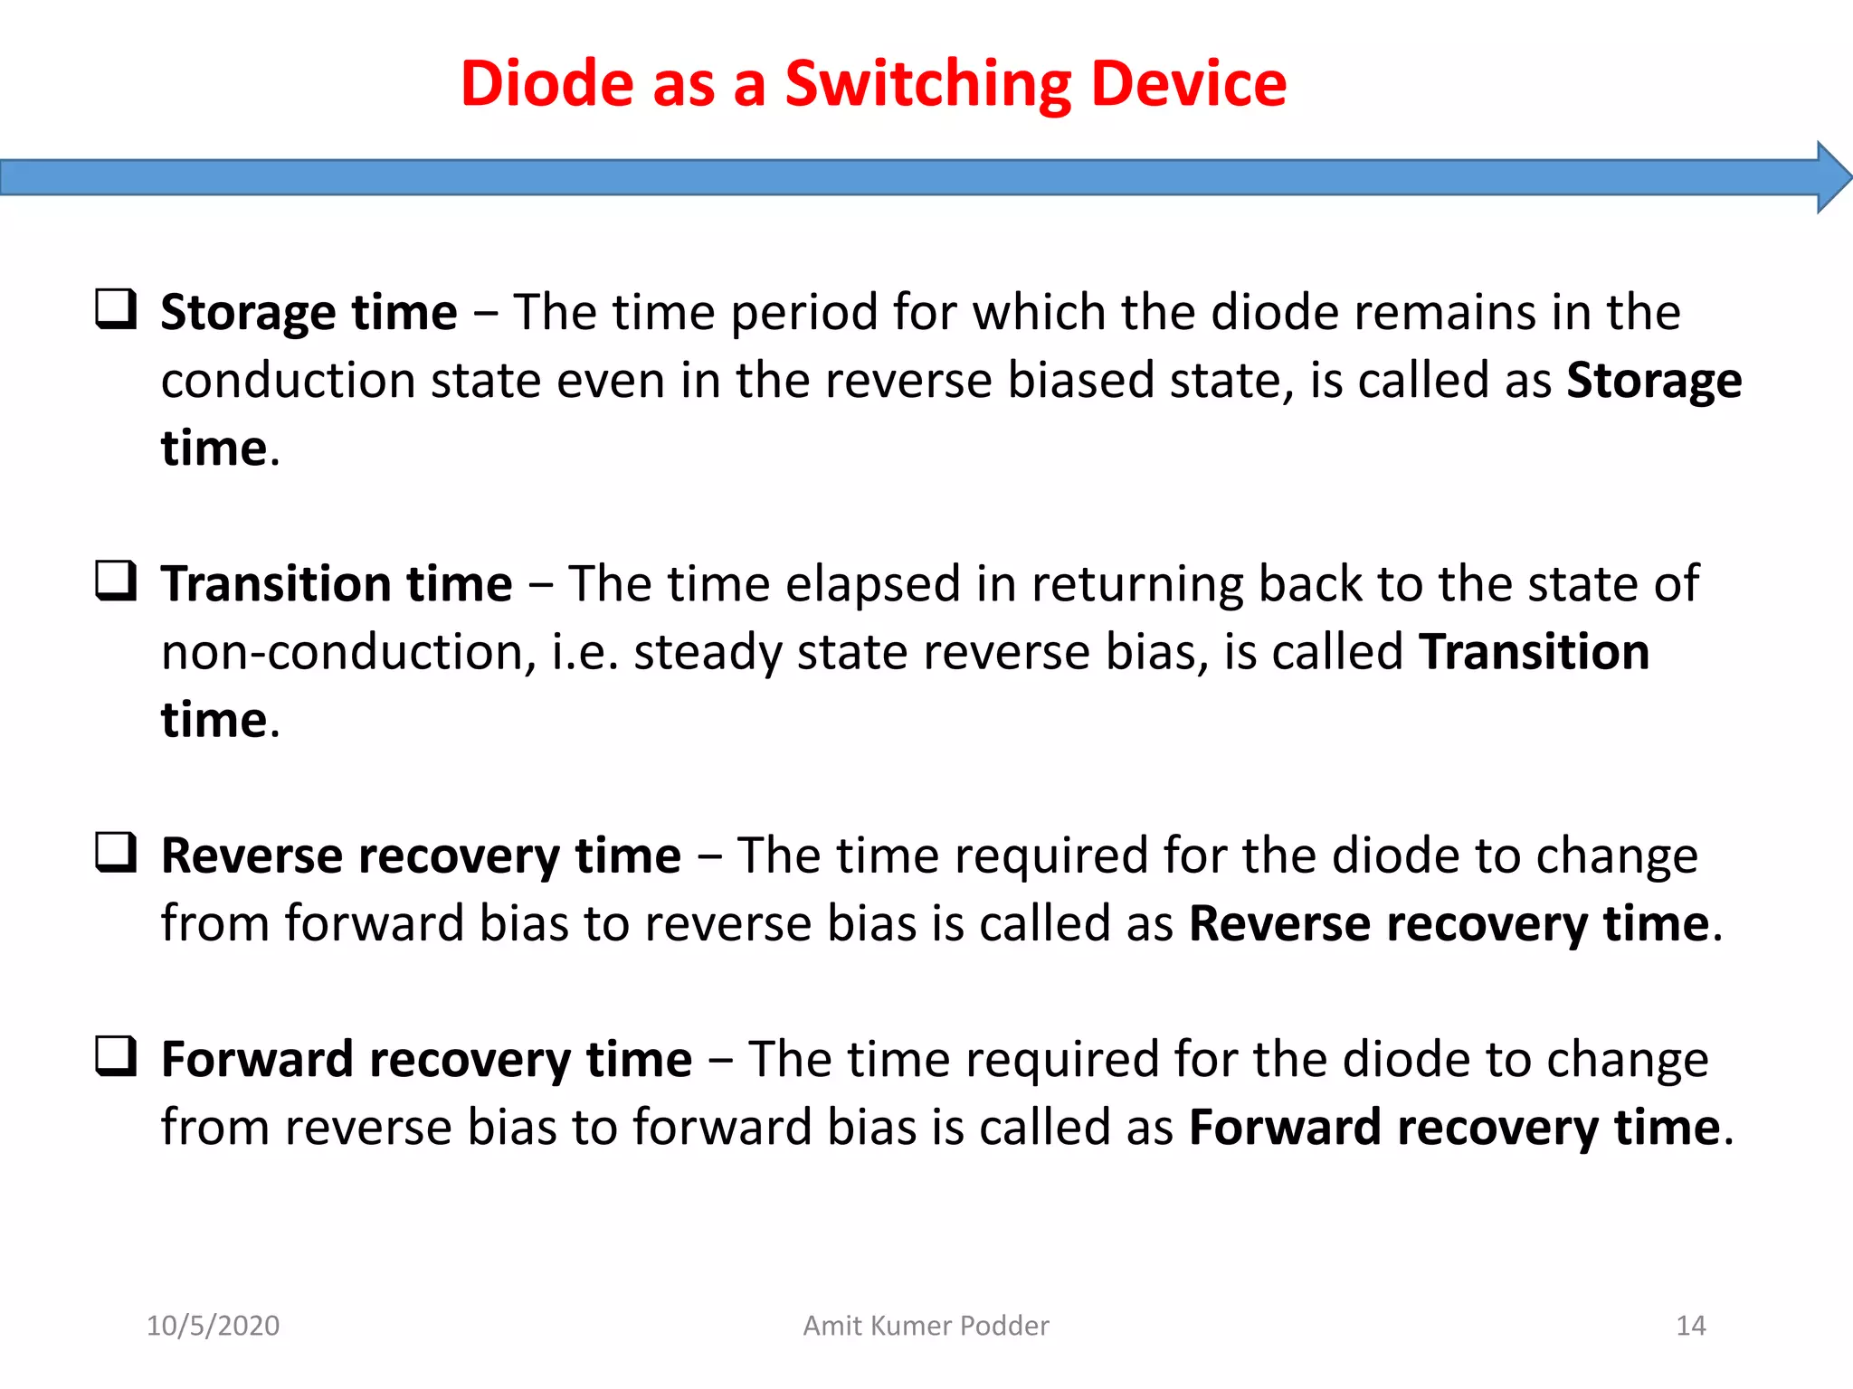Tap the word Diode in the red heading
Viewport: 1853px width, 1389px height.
(547, 84)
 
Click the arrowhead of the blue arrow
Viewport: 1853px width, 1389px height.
(1833, 177)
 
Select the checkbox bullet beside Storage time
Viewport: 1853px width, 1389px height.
(117, 309)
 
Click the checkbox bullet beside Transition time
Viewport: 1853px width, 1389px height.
(117, 581)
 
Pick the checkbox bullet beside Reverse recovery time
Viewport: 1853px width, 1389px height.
(117, 853)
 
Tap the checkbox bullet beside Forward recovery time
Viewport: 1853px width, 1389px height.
(117, 1056)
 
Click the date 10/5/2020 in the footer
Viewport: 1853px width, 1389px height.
(214, 1326)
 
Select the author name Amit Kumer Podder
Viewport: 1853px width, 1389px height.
(926, 1326)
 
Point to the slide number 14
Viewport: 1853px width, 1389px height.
(1690, 1326)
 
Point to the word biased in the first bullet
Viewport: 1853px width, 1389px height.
(1080, 381)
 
